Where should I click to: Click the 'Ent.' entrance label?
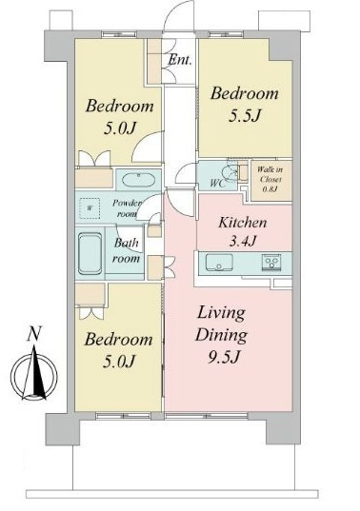click(180, 60)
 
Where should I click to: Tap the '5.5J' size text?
click(245, 116)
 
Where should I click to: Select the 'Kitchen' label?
click(243, 223)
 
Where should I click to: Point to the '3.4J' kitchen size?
click(243, 241)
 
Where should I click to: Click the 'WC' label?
click(217, 184)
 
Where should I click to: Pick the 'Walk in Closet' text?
click(270, 174)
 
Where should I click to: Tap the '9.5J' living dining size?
click(224, 358)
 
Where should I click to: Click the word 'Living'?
click(221, 314)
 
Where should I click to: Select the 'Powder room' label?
click(127, 208)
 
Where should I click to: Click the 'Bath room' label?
click(126, 250)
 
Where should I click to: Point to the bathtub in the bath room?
click(90, 253)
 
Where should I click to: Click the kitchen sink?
click(219, 263)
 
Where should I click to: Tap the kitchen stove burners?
click(271, 263)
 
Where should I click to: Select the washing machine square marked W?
click(90, 208)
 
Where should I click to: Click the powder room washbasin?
click(138, 180)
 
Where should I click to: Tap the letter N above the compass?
click(33, 334)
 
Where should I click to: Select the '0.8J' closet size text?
click(270, 188)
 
